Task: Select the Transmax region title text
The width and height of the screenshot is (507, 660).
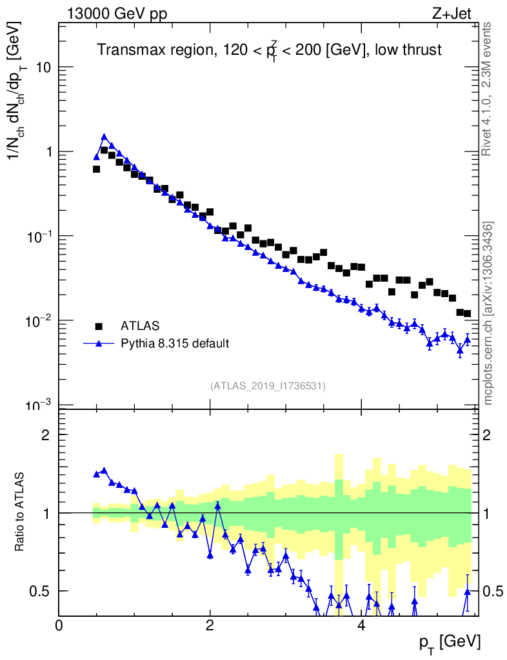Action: point(269,50)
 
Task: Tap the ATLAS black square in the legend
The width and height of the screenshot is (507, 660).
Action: point(99,325)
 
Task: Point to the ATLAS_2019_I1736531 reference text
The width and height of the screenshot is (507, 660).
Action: point(268,386)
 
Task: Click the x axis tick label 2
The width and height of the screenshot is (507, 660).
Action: point(210,625)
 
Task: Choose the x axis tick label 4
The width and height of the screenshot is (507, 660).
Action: point(361,625)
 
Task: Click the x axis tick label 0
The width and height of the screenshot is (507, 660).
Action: point(59,625)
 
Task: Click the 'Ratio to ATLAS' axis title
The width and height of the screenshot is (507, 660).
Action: point(21,512)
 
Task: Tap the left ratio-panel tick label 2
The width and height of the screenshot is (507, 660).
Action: point(46,435)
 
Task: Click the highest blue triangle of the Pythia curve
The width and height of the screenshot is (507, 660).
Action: point(104,137)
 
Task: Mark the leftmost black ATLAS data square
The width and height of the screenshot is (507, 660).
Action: point(96,169)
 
